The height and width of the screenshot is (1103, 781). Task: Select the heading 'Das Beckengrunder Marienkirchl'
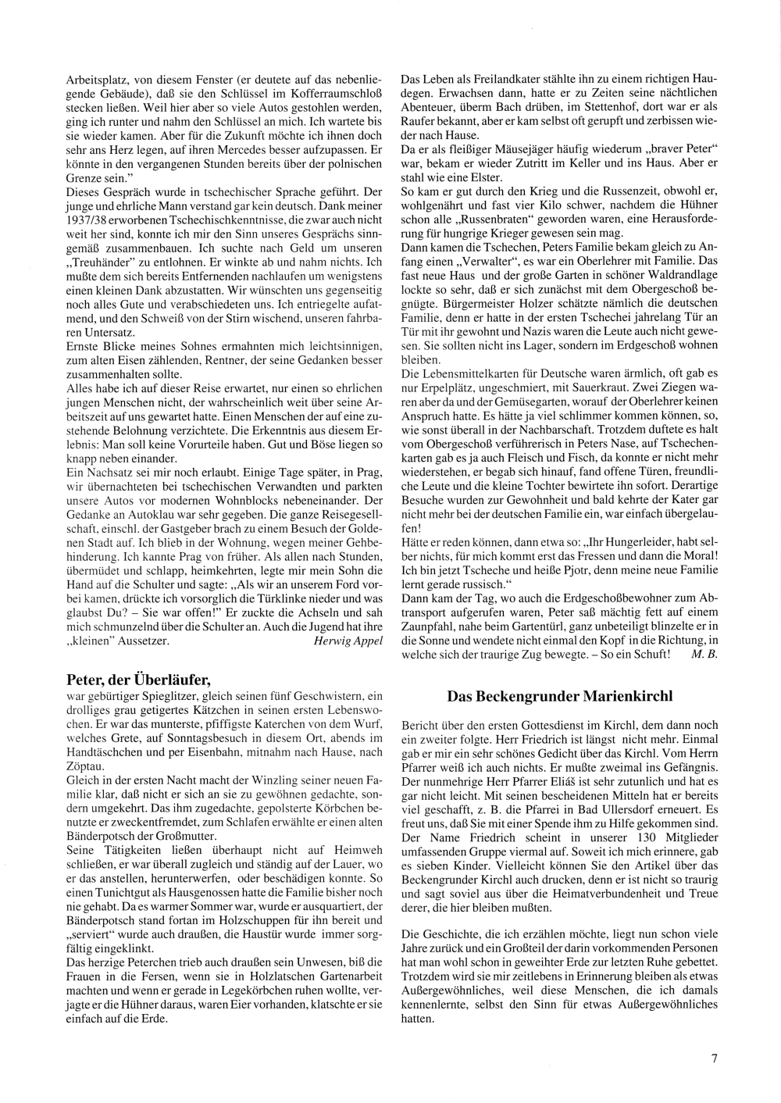[559, 696]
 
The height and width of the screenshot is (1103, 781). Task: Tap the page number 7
[714, 1058]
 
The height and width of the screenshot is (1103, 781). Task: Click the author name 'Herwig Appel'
[348, 640]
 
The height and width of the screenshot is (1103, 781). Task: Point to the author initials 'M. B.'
[704, 653]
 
